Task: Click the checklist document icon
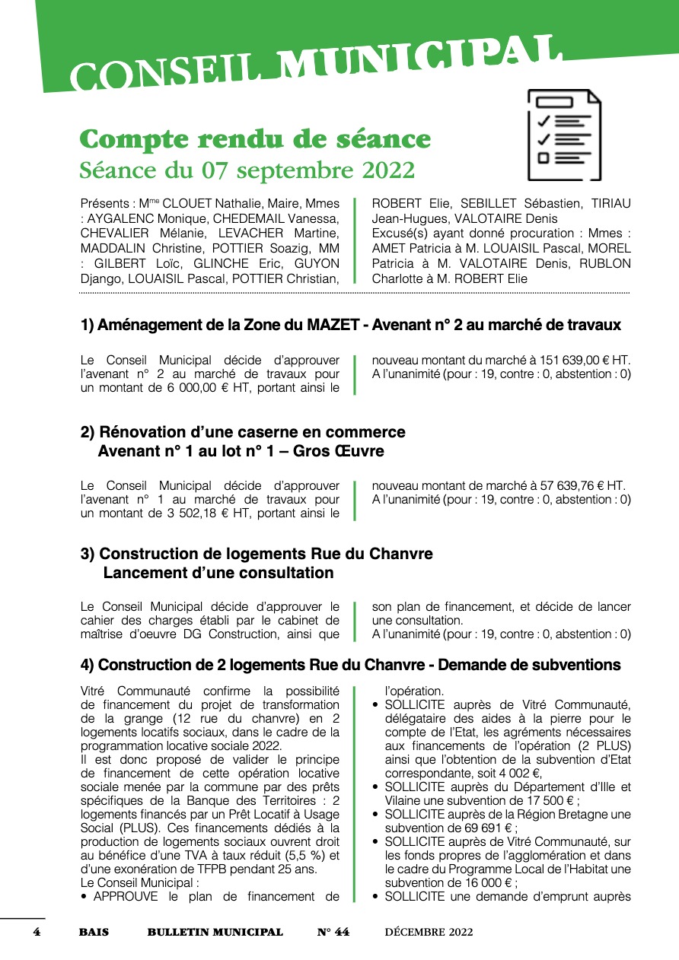(564, 135)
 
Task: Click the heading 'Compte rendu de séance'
(255, 140)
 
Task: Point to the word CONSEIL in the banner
(171, 73)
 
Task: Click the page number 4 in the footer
(36, 932)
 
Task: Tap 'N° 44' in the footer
(333, 932)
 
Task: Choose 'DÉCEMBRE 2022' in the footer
(429, 932)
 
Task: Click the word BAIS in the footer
(94, 932)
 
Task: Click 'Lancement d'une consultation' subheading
(218, 573)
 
